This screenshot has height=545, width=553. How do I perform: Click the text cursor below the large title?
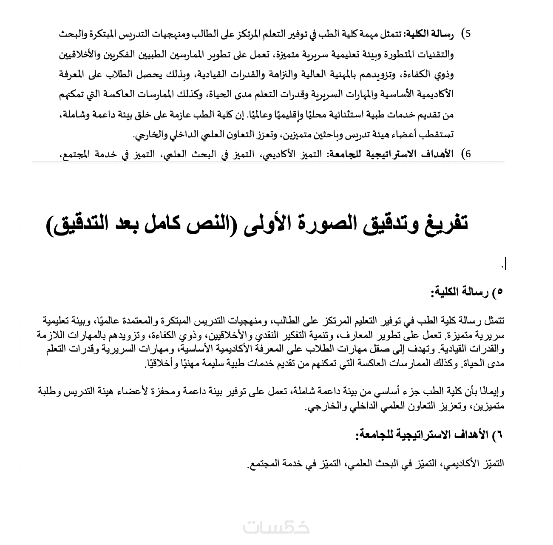[x=505, y=264]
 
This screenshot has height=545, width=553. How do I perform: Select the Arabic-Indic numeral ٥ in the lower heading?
[x=499, y=292]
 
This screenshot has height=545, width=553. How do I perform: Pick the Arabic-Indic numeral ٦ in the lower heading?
[x=499, y=434]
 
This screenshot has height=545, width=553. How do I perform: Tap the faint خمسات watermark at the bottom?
[x=276, y=528]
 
